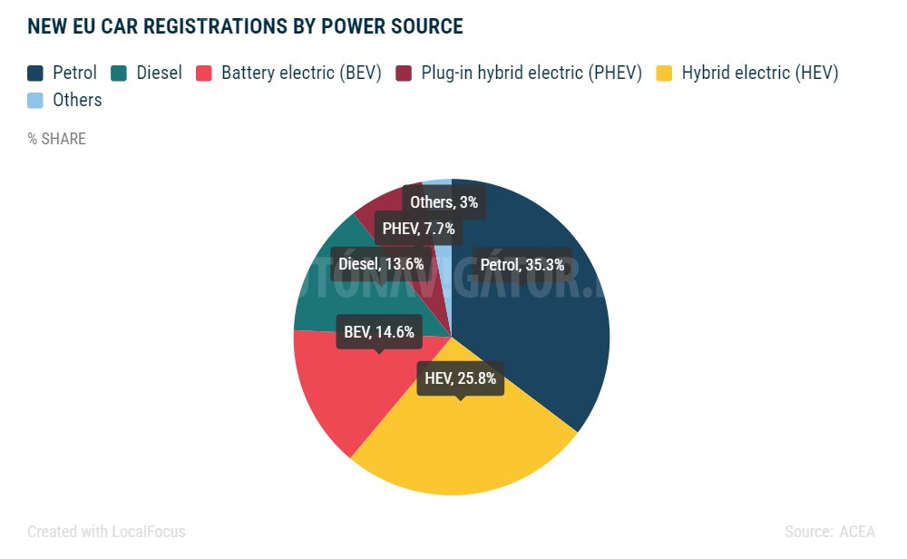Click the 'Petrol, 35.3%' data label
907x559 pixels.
click(x=522, y=265)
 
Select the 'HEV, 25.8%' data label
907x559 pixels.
click(x=460, y=378)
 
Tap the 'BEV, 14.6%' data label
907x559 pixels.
click(x=379, y=332)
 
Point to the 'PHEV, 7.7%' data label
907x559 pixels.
click(x=418, y=229)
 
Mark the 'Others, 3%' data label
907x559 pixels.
click(x=444, y=201)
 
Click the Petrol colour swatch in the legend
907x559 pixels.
click(x=35, y=74)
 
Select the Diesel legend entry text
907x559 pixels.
click(x=159, y=74)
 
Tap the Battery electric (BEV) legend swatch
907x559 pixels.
click(x=204, y=74)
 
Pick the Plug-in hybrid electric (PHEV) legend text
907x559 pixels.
click(x=531, y=74)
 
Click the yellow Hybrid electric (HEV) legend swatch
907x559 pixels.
click(x=665, y=74)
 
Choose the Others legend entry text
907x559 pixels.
click(x=77, y=100)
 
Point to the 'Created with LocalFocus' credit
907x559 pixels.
click(x=106, y=532)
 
